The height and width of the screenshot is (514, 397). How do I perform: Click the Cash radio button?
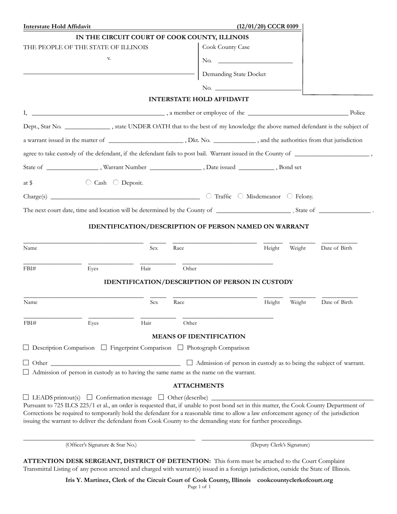tap(88, 183)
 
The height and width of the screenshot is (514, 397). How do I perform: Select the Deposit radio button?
tap(116, 183)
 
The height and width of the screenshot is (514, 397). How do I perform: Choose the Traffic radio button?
tap(209, 196)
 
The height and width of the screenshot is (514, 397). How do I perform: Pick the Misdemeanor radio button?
tap(240, 196)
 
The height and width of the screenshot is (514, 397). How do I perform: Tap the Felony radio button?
tap(290, 196)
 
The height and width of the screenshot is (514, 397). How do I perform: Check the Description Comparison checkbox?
tap(26, 347)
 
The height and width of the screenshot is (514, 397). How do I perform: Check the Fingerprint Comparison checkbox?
tap(104, 347)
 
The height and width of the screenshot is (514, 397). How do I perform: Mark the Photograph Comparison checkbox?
tap(181, 347)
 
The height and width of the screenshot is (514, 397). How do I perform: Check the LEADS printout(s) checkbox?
tap(26, 397)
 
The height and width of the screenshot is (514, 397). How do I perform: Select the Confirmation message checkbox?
tap(90, 397)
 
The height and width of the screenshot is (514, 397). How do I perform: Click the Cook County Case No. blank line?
tap(255, 62)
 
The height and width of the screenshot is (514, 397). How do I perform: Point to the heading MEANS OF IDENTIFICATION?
tap(198, 336)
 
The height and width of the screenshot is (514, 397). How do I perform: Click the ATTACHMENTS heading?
tap(198, 386)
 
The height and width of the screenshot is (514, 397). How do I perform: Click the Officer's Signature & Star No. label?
tap(101, 445)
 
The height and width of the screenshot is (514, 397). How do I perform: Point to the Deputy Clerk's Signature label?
tap(280, 445)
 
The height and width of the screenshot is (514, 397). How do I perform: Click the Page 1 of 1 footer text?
tap(199, 487)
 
